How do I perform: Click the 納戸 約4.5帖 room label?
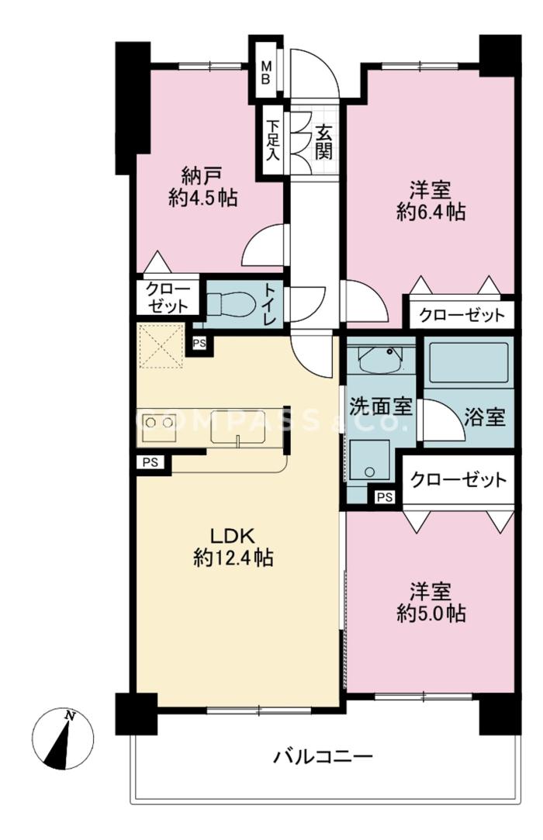[x=203, y=187]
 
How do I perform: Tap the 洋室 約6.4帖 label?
[x=431, y=201]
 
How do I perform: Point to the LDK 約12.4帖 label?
[x=233, y=547]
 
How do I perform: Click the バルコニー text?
[x=323, y=757]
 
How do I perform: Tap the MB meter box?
[x=266, y=72]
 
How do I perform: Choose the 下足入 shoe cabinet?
[x=273, y=140]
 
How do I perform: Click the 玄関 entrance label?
[x=323, y=142]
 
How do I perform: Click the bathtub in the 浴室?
[x=469, y=362]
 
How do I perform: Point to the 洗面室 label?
[x=381, y=407]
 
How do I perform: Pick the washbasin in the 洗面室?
[x=380, y=360]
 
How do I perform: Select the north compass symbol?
[x=63, y=738]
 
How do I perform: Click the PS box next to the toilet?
[x=199, y=344]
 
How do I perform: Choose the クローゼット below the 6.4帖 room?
[x=462, y=314]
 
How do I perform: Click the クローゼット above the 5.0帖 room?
[x=458, y=479]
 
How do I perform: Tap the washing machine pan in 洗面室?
[x=370, y=460]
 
